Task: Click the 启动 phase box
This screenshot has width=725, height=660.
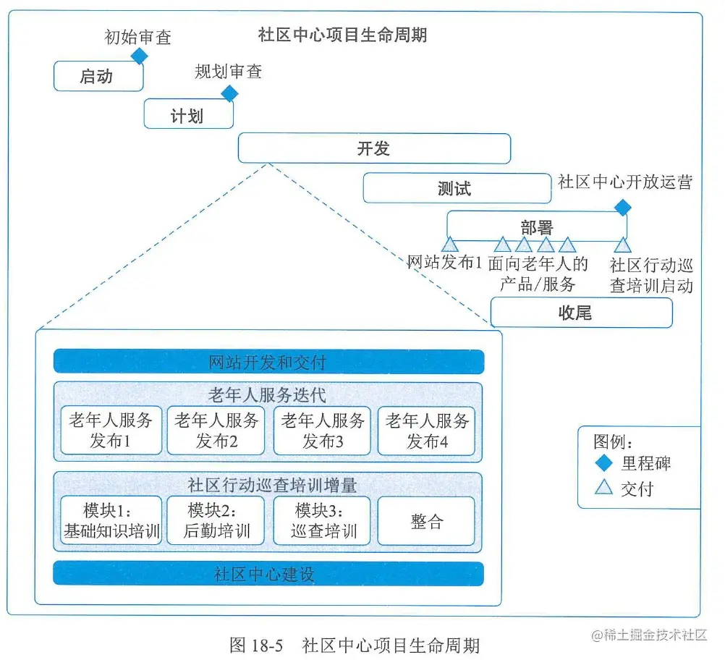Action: (x=98, y=76)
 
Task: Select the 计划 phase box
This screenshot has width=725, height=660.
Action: (x=188, y=114)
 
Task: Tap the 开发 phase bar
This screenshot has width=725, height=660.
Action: (x=374, y=149)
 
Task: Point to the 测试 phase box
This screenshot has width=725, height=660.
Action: (x=456, y=188)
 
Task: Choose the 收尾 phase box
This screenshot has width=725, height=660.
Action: (x=581, y=313)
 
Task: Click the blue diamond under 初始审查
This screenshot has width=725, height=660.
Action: (x=139, y=56)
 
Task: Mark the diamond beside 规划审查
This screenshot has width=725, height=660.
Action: (x=229, y=93)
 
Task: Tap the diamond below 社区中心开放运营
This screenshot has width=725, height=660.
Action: (x=622, y=208)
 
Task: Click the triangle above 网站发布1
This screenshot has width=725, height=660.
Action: (x=449, y=245)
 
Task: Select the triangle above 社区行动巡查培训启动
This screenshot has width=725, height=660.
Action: (x=622, y=245)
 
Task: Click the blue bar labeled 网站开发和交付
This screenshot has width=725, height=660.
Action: (x=268, y=361)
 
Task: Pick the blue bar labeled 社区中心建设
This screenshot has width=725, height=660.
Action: (x=268, y=574)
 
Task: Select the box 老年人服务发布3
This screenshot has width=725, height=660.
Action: (x=322, y=431)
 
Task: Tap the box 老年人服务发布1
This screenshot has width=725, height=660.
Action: (x=111, y=431)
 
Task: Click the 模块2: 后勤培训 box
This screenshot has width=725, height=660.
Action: (x=216, y=520)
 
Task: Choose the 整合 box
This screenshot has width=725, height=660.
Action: (x=427, y=520)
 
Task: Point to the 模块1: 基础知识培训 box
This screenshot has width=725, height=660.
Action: (x=111, y=520)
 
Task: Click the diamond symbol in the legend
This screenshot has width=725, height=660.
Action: (x=603, y=463)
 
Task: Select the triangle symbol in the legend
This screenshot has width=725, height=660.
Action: (x=603, y=488)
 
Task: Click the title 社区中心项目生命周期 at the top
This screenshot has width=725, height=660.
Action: (x=342, y=35)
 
